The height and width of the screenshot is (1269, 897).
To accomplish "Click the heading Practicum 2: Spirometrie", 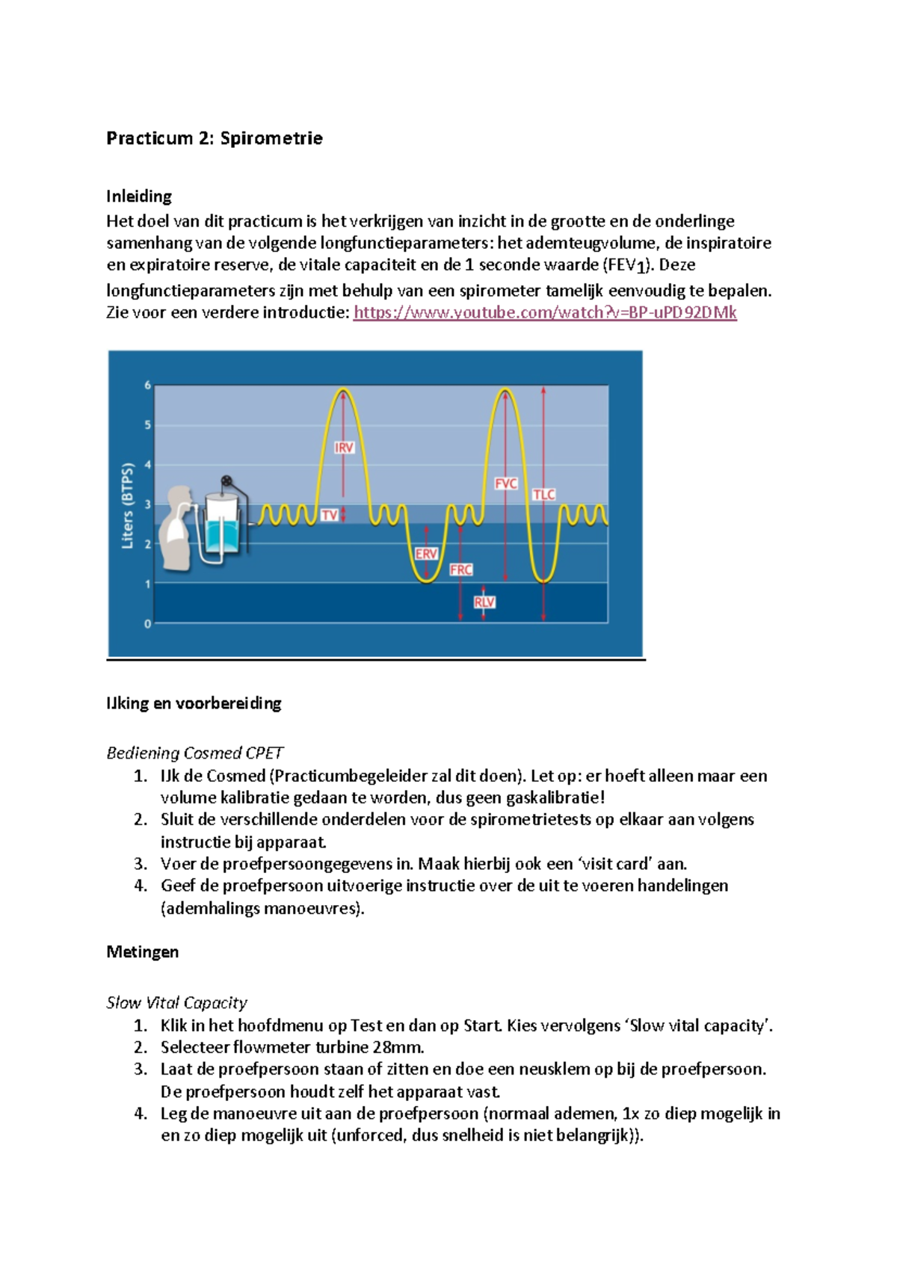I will (x=214, y=138).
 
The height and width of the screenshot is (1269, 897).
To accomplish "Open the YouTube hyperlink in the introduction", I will (x=545, y=312).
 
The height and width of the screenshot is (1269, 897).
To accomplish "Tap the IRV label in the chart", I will (x=344, y=448).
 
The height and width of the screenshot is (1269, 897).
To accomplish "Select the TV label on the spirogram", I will (x=329, y=515).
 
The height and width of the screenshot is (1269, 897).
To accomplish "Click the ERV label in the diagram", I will (x=425, y=554).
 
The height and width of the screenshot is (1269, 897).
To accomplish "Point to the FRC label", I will (x=460, y=569).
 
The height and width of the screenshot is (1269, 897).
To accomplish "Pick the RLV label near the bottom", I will (x=484, y=602).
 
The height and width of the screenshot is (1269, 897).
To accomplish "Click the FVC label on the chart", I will (x=506, y=484).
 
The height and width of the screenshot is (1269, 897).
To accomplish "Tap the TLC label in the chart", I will (x=543, y=495).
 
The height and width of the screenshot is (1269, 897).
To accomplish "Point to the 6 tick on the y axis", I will (x=148, y=386).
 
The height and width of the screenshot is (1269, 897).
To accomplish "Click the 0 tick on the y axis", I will (x=148, y=623).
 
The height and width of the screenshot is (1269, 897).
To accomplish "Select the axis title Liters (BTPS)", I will (x=128, y=506).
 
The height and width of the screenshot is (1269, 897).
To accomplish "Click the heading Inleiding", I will (x=139, y=197).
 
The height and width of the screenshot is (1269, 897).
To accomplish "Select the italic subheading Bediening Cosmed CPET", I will (x=194, y=753).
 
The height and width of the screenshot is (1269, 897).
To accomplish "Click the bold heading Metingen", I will (x=142, y=952).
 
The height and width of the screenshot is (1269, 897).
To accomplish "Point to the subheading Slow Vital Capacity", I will (x=176, y=1003).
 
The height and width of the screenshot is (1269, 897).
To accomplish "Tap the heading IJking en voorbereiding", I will (x=194, y=703).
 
